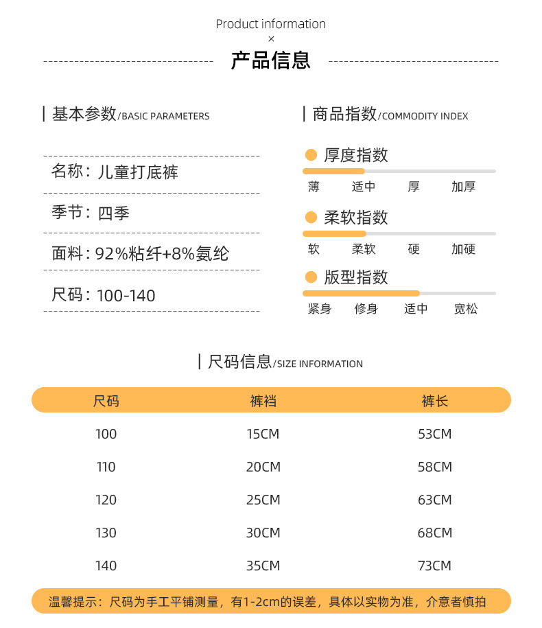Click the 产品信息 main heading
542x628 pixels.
tap(271, 60)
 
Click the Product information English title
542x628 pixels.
tap(271, 24)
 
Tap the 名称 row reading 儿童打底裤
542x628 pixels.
tap(115, 172)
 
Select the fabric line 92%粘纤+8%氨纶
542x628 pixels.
tap(141, 254)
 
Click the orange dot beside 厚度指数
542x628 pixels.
tap(311, 155)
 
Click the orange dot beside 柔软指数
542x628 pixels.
tap(311, 218)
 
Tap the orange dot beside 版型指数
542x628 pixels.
tap(311, 277)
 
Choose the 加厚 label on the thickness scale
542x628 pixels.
tap(463, 187)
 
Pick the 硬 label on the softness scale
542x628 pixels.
tap(414, 249)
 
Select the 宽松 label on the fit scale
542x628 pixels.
tap(466, 309)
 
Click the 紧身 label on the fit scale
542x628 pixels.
tap(320, 309)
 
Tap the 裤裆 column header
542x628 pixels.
tap(263, 401)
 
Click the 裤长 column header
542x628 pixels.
tap(435, 401)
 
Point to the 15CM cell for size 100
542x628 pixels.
tap(263, 434)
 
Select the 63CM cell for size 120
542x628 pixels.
tap(435, 500)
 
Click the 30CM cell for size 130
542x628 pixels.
tap(263, 533)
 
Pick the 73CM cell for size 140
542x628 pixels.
tap(435, 566)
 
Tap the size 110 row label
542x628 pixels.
tap(106, 467)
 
